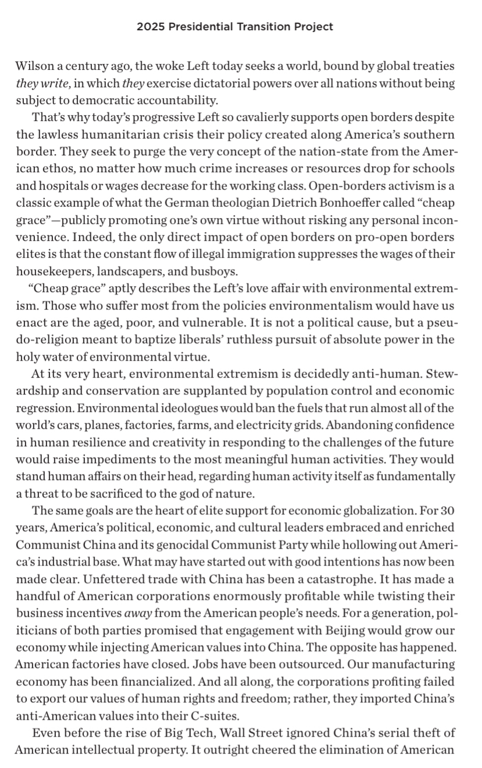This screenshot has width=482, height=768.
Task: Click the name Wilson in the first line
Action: point(33,66)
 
